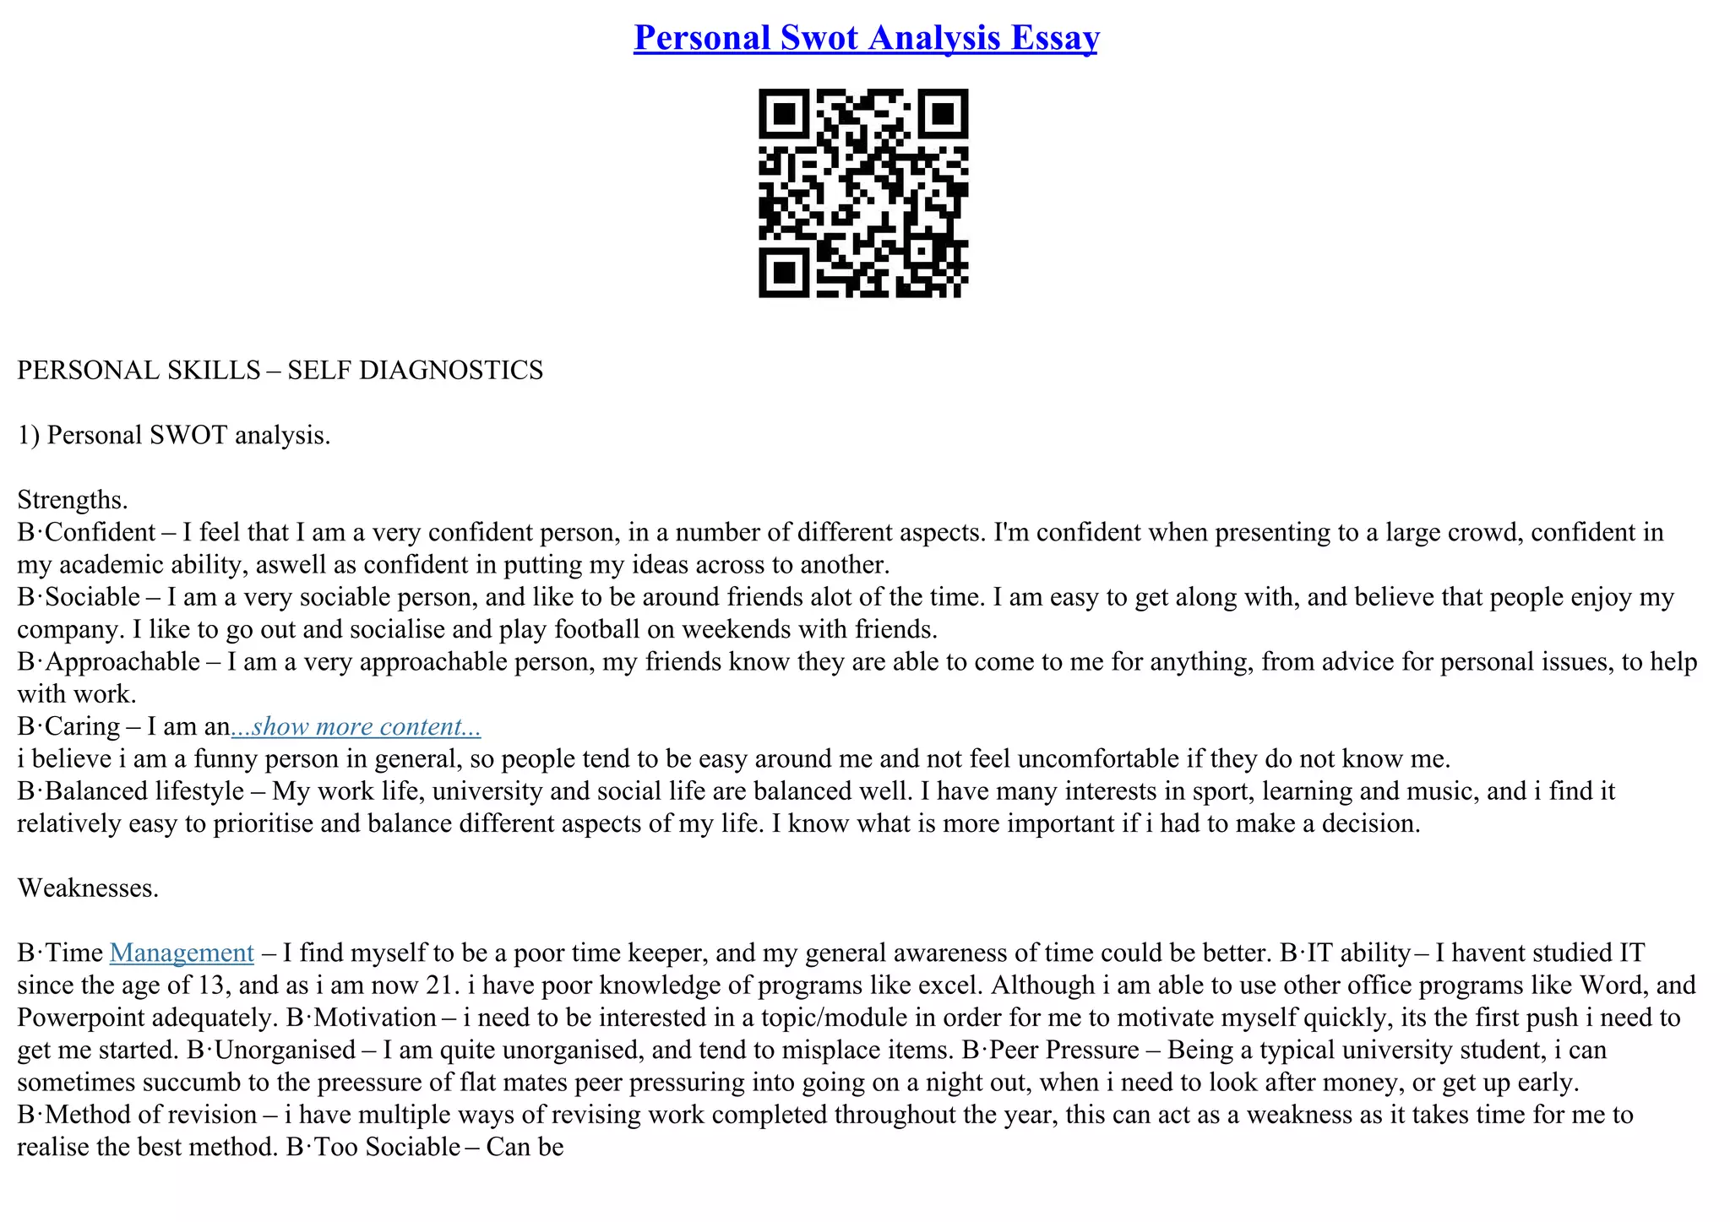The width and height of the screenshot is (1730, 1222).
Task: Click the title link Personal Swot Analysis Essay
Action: coord(866,38)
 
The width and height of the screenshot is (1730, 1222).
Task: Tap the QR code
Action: coord(863,193)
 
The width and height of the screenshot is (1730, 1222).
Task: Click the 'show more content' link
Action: coord(356,726)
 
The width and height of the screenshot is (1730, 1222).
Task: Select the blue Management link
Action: coord(182,953)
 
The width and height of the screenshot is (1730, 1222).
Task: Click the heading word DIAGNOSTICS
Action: coord(451,371)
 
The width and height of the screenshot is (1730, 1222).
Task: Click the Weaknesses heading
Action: coord(88,888)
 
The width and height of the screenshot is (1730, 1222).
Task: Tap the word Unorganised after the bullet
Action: coord(285,1051)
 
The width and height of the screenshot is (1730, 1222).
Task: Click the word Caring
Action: coord(82,727)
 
